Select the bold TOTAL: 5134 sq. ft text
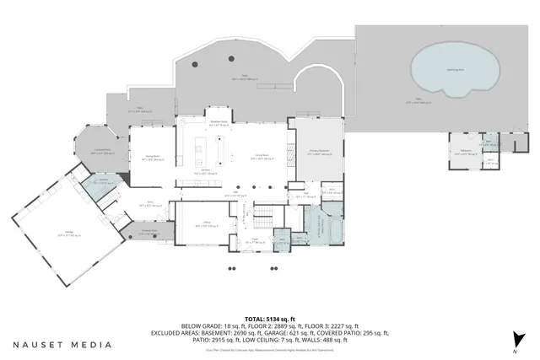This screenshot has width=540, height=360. [269, 318]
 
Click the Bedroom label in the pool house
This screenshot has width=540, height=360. [465, 151]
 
